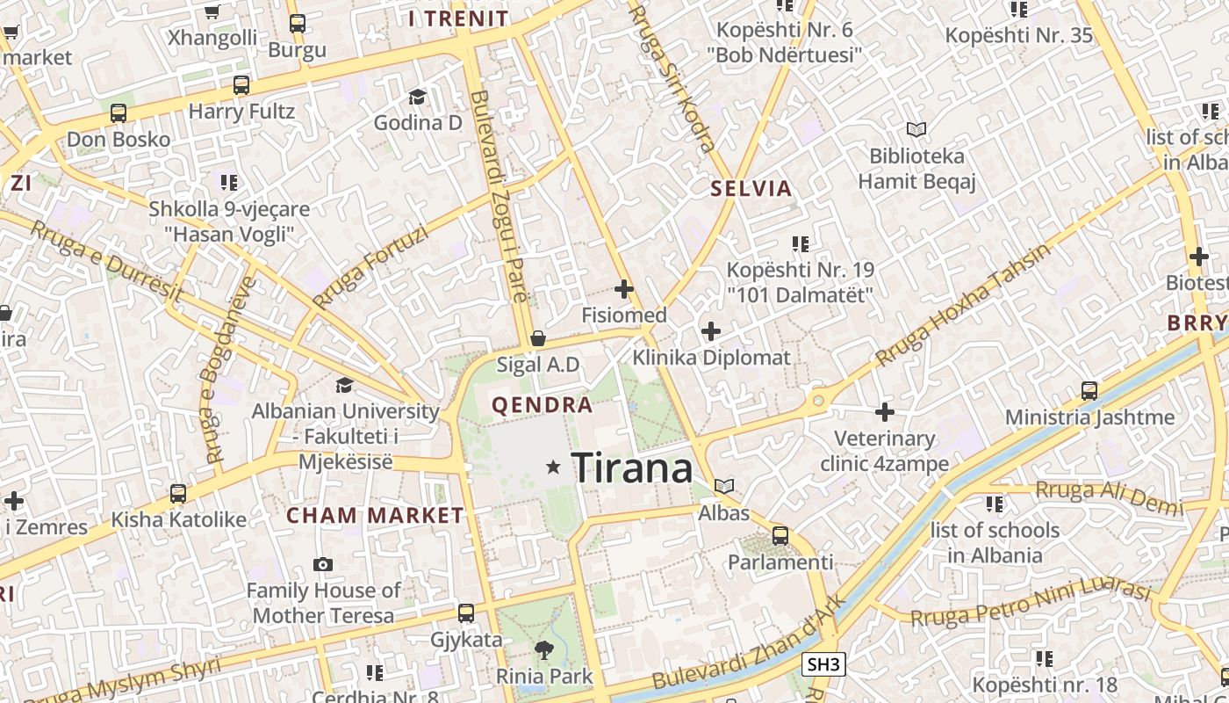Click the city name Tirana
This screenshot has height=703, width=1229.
pyautogui.click(x=632, y=467)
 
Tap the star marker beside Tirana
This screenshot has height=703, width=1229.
pyautogui.click(x=553, y=467)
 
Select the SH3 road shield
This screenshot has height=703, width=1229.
pyautogui.click(x=824, y=664)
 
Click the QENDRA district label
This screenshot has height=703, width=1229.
pyautogui.click(x=543, y=405)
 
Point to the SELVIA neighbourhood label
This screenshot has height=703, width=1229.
pyautogui.click(x=751, y=188)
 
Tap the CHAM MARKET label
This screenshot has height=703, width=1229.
pyautogui.click(x=375, y=515)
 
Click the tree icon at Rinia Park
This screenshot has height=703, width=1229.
pyautogui.click(x=544, y=650)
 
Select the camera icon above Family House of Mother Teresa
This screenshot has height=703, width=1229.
pyautogui.click(x=323, y=564)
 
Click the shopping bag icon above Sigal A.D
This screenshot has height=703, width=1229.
pyautogui.click(x=537, y=338)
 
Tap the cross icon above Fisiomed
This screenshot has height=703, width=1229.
pyautogui.click(x=624, y=288)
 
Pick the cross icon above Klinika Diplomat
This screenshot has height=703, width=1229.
pyautogui.click(x=711, y=331)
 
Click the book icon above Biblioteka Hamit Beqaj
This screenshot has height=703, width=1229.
pyautogui.click(x=916, y=130)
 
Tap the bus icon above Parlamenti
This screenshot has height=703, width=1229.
pyautogui.click(x=780, y=535)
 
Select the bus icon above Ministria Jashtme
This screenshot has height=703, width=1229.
pyautogui.click(x=1089, y=391)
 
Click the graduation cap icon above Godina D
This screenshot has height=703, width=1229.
pyautogui.click(x=417, y=97)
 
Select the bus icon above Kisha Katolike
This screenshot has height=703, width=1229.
pyautogui.click(x=178, y=494)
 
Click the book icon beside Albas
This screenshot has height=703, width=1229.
pyautogui.click(x=724, y=486)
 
